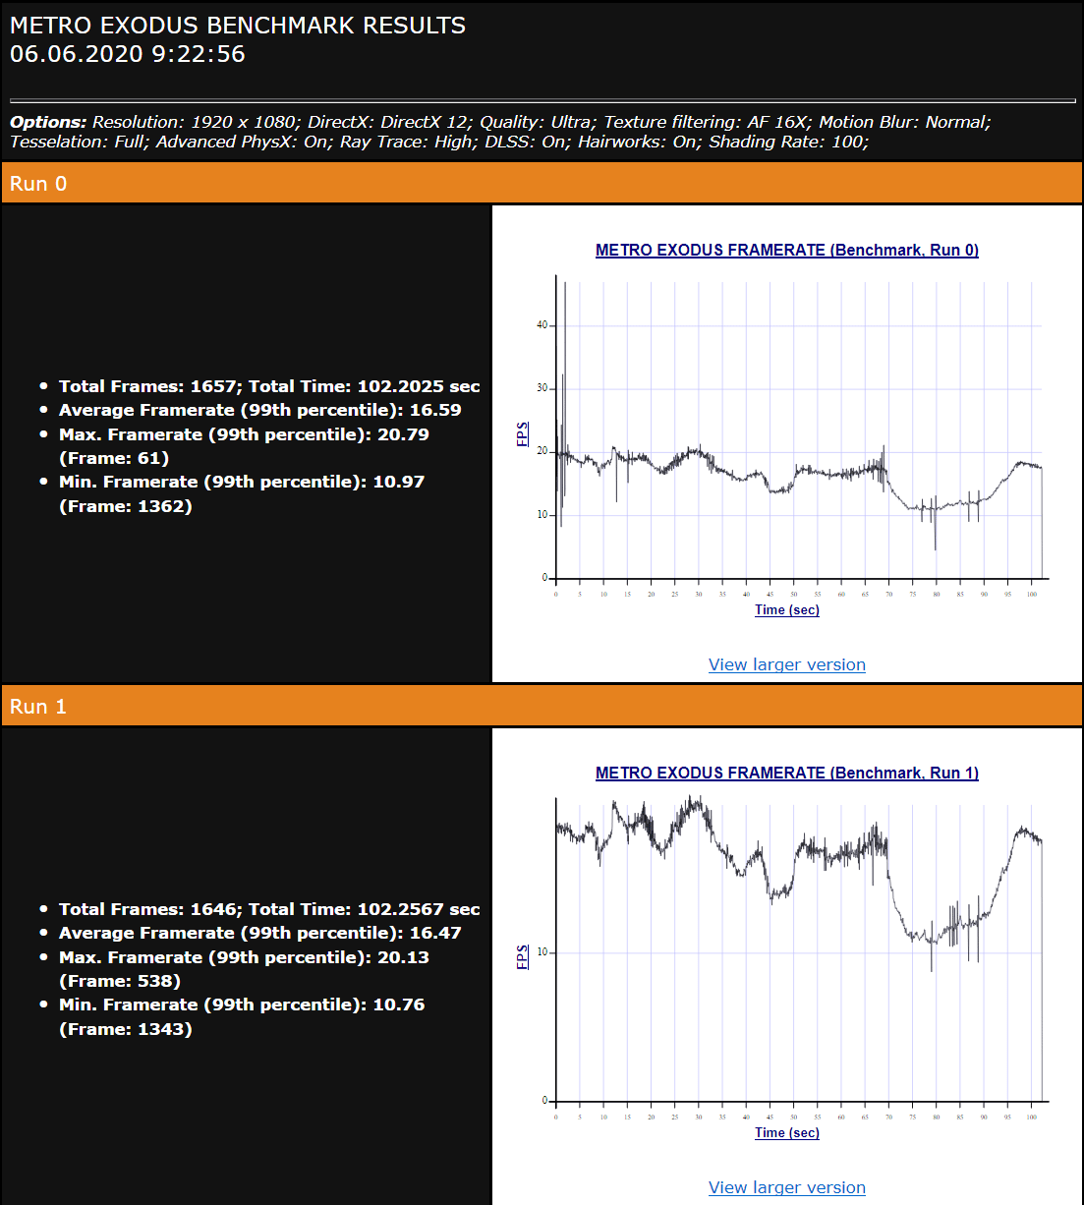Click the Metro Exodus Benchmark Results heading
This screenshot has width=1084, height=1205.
[x=238, y=26]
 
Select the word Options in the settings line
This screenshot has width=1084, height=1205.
[x=48, y=122]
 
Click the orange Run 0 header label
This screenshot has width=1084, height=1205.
[x=38, y=184]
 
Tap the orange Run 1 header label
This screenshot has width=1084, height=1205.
[x=38, y=707]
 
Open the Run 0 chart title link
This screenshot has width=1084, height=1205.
[x=786, y=250]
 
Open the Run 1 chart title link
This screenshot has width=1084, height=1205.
[x=786, y=773]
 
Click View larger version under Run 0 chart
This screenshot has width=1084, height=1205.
[x=786, y=664]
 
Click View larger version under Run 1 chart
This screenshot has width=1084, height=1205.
[x=786, y=1187]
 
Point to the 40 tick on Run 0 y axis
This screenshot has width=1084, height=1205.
[x=542, y=325]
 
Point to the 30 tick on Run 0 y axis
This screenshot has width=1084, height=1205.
[x=542, y=388]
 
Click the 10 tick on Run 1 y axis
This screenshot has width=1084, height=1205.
[x=542, y=952]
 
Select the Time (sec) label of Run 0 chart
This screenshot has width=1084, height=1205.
[x=786, y=609]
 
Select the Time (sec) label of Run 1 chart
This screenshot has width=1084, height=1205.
[x=786, y=1132]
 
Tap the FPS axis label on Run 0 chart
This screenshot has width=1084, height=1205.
[x=523, y=433]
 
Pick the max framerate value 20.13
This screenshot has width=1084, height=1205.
[x=403, y=957]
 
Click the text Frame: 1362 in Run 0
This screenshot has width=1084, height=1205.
[x=126, y=506]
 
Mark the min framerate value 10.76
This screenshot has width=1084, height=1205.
[x=398, y=1004]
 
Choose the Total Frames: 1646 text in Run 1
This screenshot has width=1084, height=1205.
[x=149, y=909]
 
